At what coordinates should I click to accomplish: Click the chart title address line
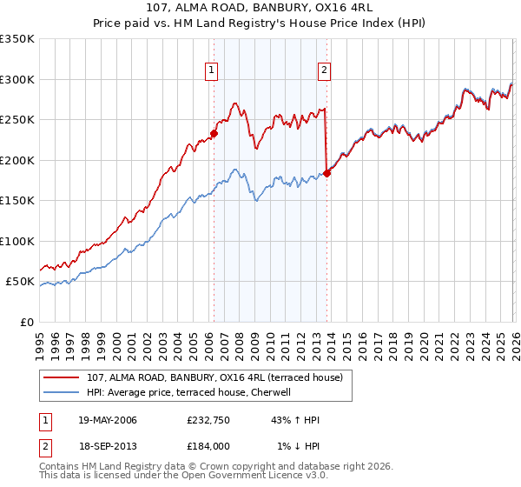coord(260,9)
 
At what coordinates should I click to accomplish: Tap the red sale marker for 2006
coord(214,133)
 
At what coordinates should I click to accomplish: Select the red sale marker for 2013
coord(326,173)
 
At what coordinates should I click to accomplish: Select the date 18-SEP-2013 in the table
coord(106,446)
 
